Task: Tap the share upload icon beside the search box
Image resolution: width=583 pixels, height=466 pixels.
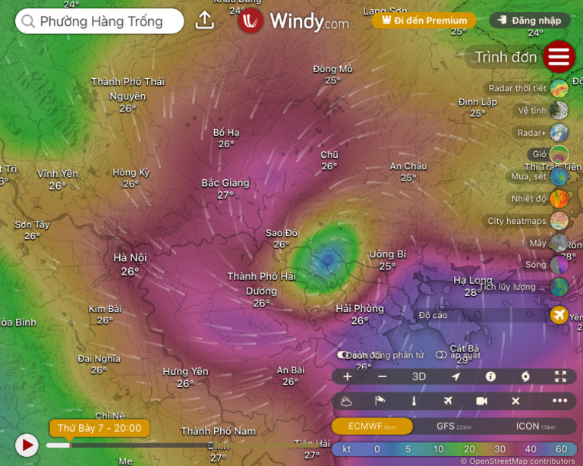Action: point(204,20)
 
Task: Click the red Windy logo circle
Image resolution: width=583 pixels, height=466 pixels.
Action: point(251,20)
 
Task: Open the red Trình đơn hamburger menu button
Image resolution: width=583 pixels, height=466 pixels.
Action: point(559,57)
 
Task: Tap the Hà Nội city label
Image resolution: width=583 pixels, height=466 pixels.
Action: point(130,258)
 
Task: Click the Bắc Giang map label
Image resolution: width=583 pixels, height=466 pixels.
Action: point(225,183)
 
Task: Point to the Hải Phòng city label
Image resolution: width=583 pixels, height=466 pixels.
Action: point(360,309)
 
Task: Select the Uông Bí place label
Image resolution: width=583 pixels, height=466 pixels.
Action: point(387,253)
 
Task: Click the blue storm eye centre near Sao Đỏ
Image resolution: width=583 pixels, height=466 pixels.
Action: point(328,261)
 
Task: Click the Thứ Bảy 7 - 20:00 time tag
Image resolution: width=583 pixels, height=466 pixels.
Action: point(99,428)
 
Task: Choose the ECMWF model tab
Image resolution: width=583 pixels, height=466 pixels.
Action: point(372,426)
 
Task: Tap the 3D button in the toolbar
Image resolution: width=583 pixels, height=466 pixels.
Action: point(419,376)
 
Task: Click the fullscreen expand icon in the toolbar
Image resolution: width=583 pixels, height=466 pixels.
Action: point(560,376)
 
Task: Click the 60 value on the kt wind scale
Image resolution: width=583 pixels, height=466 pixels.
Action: point(560,449)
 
